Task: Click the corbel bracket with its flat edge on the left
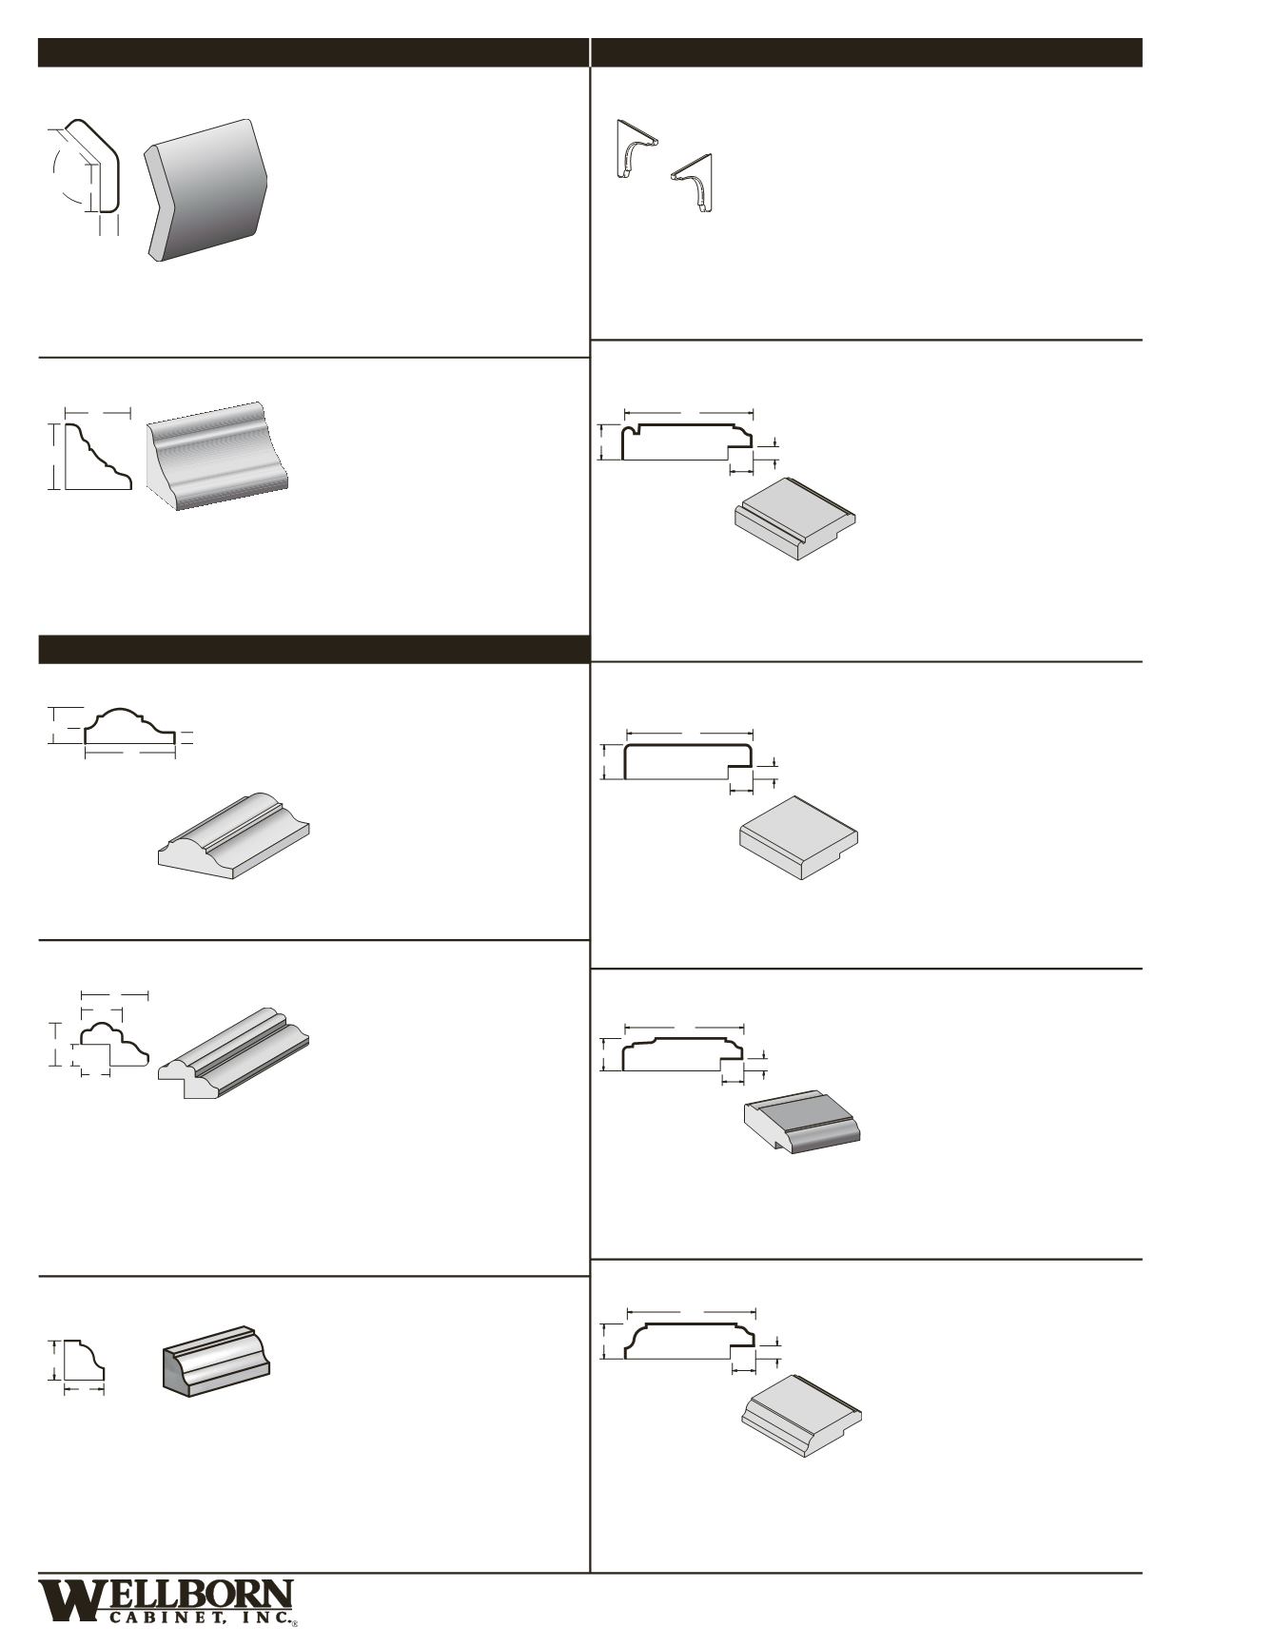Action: point(634,149)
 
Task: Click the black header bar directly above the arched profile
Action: point(313,649)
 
